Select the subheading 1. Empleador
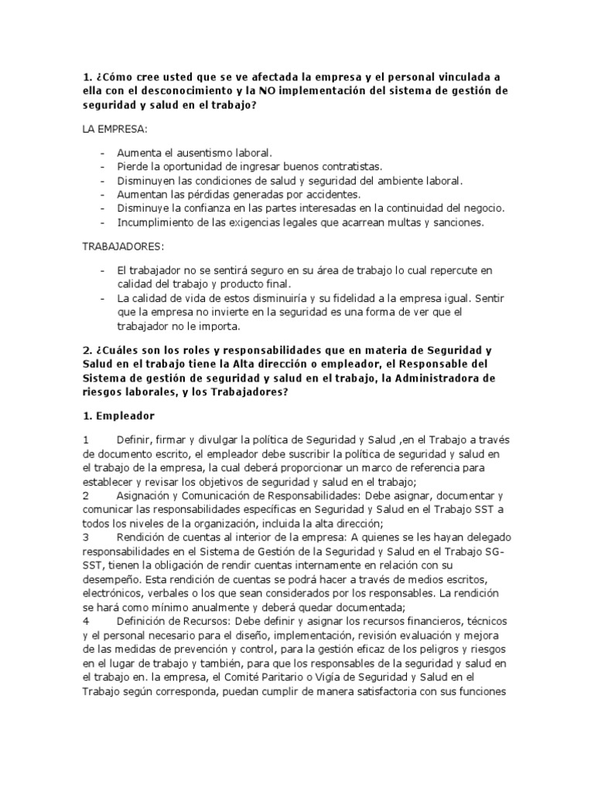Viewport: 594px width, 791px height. tap(119, 416)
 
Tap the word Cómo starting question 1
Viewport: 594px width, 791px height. tap(118, 76)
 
